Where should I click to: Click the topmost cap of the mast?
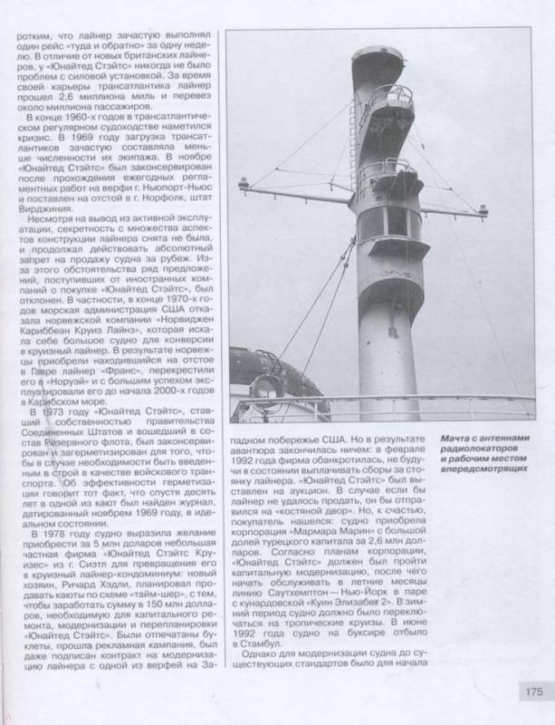pos(377,57)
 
